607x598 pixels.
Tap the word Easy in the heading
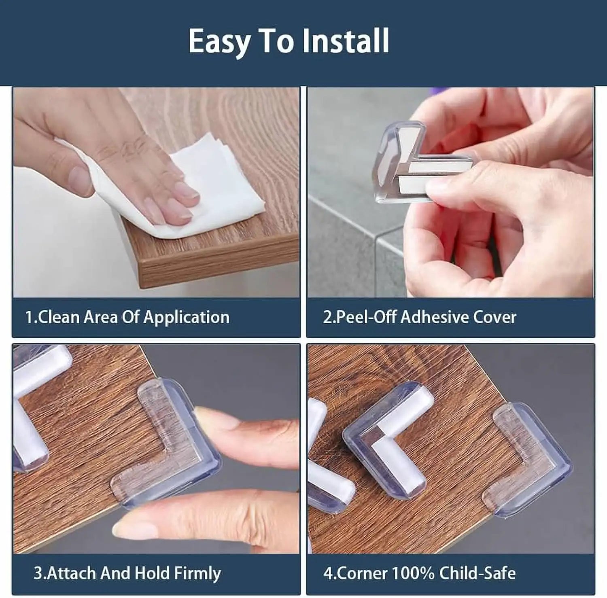click(219, 42)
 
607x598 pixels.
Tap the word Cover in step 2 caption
click(495, 317)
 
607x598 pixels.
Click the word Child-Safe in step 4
click(478, 573)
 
